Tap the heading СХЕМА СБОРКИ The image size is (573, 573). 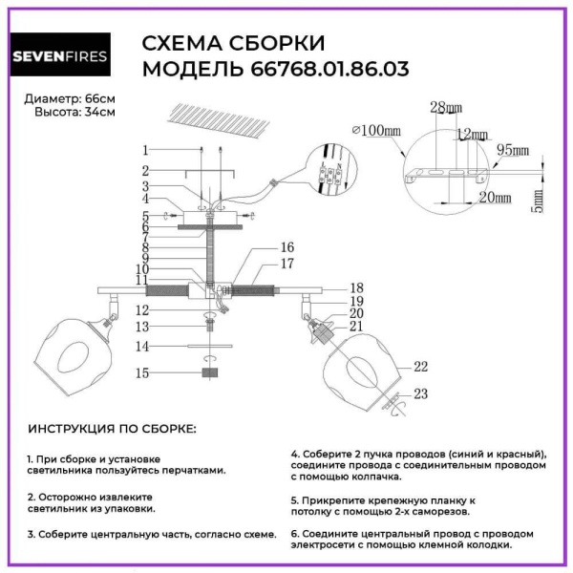[x=233, y=43]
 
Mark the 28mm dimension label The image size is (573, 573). [x=443, y=105]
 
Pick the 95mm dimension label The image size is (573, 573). [x=513, y=151]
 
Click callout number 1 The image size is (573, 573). [x=145, y=150]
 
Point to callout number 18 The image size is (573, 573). [x=356, y=286]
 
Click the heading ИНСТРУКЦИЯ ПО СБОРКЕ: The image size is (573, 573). [x=112, y=428]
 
